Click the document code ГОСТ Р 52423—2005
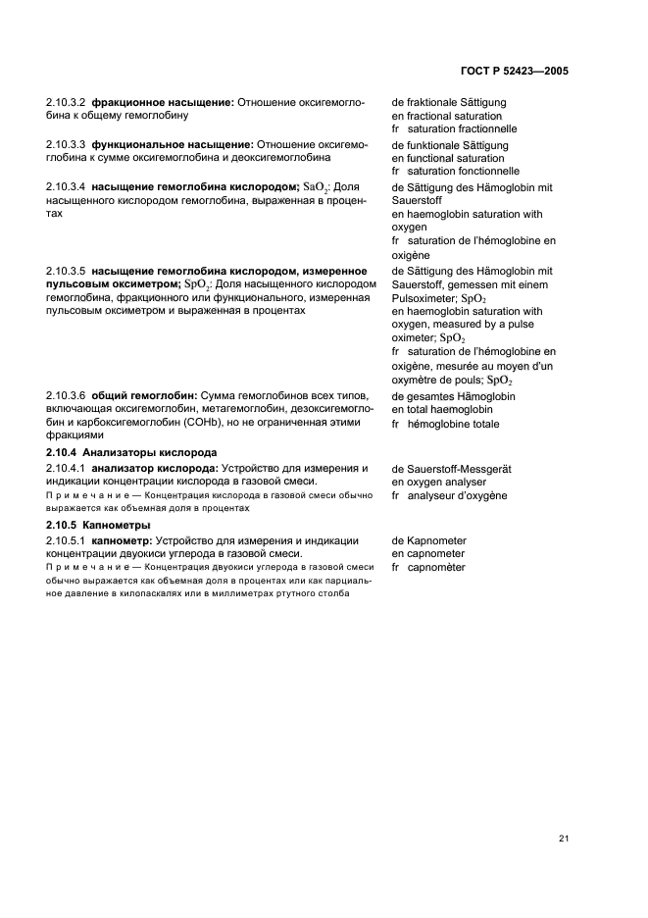[x=514, y=72]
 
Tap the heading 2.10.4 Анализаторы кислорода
[x=131, y=453]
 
